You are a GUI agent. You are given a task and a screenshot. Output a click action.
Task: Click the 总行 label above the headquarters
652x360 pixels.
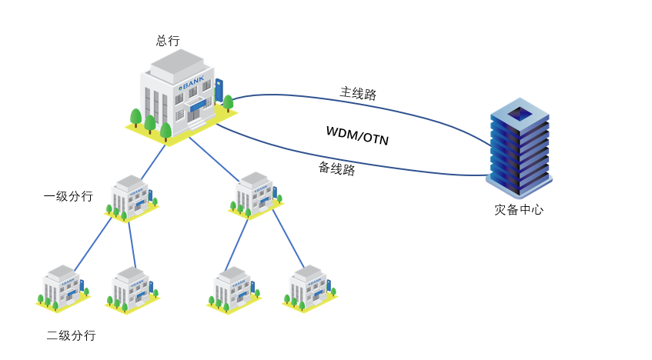167,41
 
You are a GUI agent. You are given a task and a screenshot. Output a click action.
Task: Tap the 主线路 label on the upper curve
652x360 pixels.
358,93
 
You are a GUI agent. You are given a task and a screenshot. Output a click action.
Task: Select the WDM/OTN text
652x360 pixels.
357,135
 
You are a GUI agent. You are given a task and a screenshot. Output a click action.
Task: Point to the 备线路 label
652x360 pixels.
337,168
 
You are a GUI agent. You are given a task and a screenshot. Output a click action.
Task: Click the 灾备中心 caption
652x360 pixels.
519,209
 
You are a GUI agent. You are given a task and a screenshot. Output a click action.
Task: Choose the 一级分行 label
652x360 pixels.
69,196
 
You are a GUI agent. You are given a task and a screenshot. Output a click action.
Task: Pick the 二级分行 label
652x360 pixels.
71,335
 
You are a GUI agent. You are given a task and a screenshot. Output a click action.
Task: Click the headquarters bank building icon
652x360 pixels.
182,96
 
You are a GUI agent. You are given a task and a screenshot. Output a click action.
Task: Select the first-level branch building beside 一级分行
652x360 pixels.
132,198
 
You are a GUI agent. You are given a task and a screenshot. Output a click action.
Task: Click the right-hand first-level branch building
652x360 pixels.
256,195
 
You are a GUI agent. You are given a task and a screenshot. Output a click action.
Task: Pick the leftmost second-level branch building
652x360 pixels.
62,288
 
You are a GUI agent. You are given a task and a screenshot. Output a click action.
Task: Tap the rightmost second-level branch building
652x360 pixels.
309,288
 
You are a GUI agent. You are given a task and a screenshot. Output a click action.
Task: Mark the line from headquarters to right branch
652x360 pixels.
215,159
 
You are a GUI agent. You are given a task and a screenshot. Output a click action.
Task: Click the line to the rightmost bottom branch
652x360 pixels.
288,238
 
